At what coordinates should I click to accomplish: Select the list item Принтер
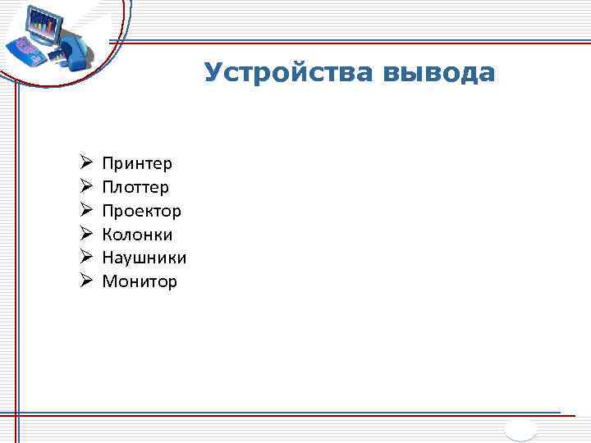[x=137, y=164]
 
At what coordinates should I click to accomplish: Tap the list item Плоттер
[x=135, y=188]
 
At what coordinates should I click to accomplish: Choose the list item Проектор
[x=141, y=212]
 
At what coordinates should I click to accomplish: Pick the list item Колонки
[x=137, y=235]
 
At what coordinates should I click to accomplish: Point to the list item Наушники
[x=144, y=258]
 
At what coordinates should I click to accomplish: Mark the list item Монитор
[x=140, y=282]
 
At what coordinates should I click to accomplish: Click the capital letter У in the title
[x=213, y=74]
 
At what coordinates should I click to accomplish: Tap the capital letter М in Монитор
[x=109, y=282]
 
